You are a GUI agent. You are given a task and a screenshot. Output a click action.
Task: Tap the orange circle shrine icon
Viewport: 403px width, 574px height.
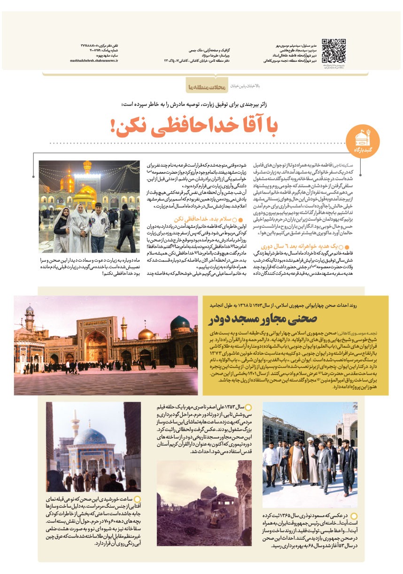tap(361, 138)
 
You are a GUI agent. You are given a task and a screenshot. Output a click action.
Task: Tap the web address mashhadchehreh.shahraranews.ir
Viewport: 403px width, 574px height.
tap(94, 61)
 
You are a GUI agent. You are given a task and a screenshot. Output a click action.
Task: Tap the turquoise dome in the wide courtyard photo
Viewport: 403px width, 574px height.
tap(180, 324)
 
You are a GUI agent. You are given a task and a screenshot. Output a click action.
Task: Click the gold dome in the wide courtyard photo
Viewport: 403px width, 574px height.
tap(146, 334)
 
